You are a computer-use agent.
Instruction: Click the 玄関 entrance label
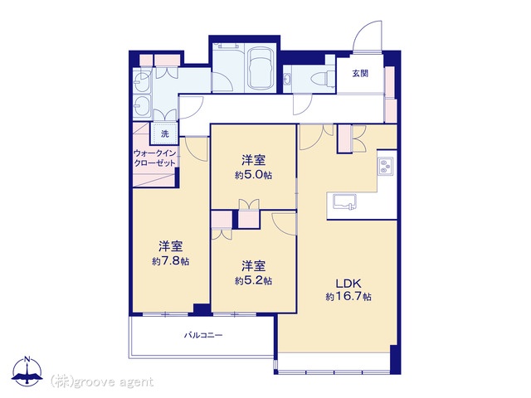[x=360, y=73]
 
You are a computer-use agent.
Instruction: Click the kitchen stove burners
[x=385, y=167]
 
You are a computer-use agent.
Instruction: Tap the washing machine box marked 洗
[x=164, y=133]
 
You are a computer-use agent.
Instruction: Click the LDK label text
[x=348, y=283]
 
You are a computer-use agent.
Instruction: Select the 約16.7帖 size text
[x=348, y=297]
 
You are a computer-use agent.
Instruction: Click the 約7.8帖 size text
[x=171, y=261]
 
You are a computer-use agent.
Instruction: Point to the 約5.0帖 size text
[x=253, y=175]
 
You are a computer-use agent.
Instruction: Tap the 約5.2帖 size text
[x=253, y=280]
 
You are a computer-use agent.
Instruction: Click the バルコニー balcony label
[x=203, y=335]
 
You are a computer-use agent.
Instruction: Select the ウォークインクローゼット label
[x=155, y=158]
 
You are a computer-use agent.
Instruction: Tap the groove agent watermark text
[x=102, y=382]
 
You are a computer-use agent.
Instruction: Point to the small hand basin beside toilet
[x=288, y=80]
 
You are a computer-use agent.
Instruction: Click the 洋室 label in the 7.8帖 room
[x=171, y=246]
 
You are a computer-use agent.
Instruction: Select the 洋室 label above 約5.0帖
[x=253, y=160]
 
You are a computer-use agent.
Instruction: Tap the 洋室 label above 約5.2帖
[x=253, y=266]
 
